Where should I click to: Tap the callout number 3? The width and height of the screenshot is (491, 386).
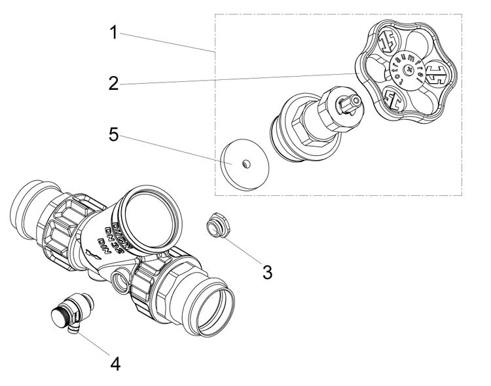click(x=267, y=271)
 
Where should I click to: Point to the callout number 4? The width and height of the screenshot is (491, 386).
click(x=115, y=362)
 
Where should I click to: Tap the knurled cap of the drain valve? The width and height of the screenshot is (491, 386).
click(x=64, y=313)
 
